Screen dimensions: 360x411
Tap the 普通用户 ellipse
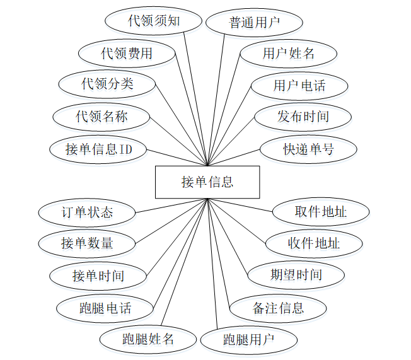click(x=254, y=23)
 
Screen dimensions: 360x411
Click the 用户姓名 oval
click(x=288, y=53)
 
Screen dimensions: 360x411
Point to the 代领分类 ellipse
click(x=107, y=83)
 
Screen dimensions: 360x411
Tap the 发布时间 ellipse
click(x=303, y=116)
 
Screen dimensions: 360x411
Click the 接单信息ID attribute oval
click(x=98, y=149)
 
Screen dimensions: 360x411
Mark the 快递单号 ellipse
click(x=308, y=149)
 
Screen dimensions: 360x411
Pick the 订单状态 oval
click(x=87, y=212)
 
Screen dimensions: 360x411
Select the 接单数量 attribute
click(x=87, y=243)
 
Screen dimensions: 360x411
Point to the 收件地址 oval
click(x=313, y=243)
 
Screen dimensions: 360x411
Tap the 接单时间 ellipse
click(x=98, y=276)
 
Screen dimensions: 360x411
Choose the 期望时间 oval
click(x=296, y=274)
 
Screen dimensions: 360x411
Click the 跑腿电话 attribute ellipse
click(x=105, y=308)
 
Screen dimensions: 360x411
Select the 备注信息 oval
click(x=278, y=308)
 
